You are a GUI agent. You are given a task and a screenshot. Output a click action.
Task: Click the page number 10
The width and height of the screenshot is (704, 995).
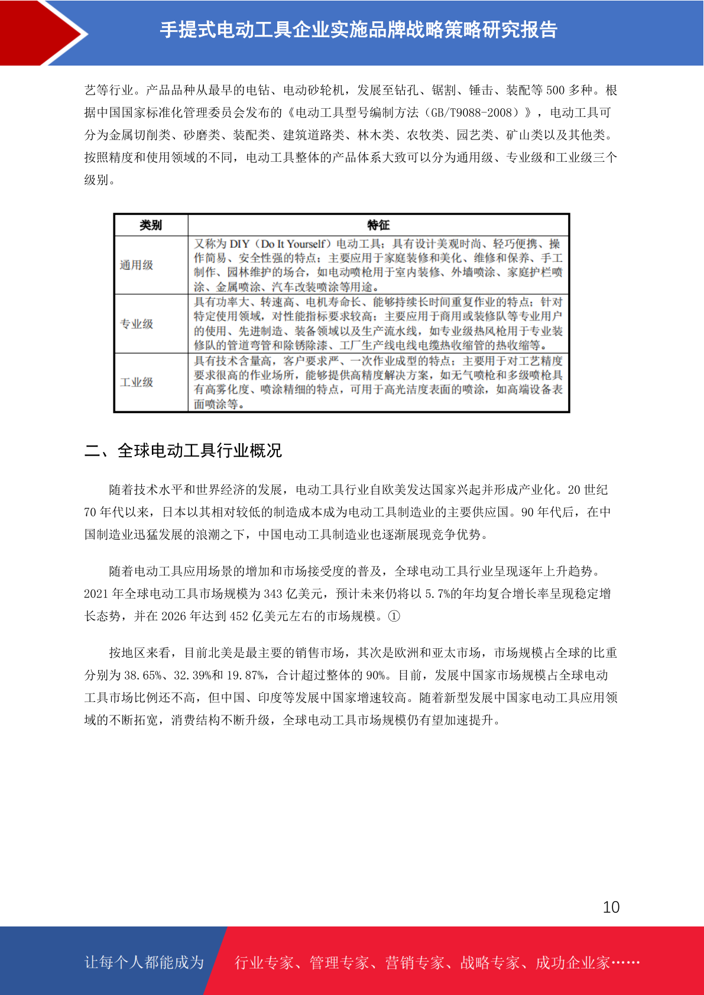coord(611,907)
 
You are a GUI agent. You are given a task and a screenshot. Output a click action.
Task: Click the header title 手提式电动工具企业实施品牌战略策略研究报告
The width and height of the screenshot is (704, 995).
coord(359,30)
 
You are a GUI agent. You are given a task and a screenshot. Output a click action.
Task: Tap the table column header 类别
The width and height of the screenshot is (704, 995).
coord(151,225)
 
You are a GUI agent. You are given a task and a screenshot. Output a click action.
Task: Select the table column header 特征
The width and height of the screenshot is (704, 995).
coord(378,225)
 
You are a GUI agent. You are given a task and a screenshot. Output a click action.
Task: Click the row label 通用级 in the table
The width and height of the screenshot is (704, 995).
coord(137,265)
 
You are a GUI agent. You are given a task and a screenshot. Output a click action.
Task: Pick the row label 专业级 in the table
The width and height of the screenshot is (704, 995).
coord(137,324)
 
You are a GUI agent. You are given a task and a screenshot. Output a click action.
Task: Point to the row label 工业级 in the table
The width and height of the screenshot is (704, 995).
coord(137,382)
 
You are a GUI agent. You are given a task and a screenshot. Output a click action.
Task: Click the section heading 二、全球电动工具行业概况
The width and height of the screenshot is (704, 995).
coord(183,451)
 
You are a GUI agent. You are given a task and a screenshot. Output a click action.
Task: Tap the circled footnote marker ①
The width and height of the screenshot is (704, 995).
coord(394,616)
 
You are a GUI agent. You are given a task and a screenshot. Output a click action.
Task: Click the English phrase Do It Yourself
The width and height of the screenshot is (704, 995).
coord(293,244)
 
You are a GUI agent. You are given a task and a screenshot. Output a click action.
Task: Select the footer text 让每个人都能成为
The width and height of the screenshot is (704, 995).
coord(144,963)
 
